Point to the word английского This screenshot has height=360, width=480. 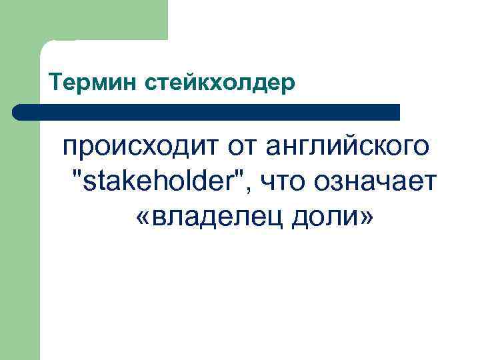(x=349, y=145)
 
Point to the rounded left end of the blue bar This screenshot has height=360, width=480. (x=18, y=112)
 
